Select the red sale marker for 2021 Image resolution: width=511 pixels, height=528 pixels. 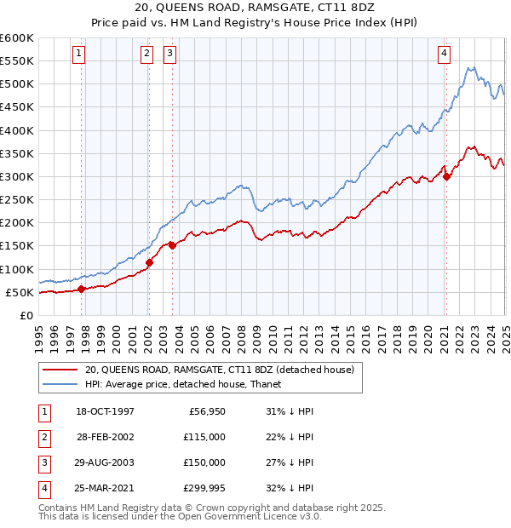point(446,177)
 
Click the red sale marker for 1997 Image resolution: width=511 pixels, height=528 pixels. point(82,289)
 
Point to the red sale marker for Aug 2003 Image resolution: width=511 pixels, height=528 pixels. point(173,245)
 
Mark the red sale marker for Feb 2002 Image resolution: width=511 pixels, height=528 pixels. point(149,262)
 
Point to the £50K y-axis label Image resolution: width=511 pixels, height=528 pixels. point(20,292)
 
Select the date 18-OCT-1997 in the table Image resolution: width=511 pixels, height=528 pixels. point(106,411)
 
